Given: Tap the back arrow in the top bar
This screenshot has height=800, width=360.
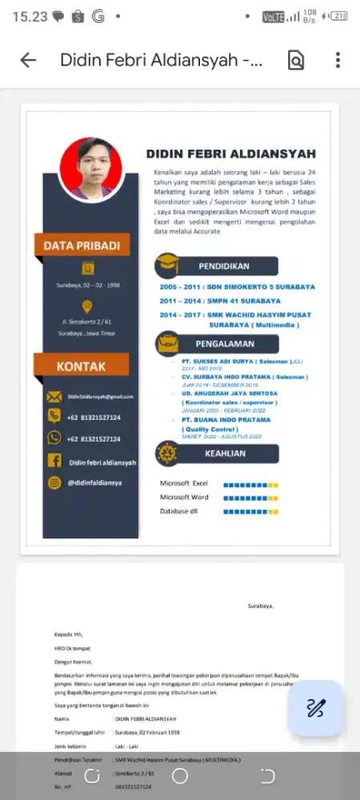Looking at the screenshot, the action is (x=28, y=60).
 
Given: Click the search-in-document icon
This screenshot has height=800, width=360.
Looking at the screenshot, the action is (x=296, y=60).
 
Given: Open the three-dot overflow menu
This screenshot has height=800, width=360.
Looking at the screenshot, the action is (x=338, y=60).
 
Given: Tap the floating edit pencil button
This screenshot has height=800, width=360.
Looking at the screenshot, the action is (x=316, y=708).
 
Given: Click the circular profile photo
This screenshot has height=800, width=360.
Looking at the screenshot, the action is (x=90, y=169).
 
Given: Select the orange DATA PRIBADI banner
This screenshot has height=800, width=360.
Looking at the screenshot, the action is (x=82, y=245).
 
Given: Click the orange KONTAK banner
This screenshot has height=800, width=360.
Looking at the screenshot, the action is (x=81, y=366).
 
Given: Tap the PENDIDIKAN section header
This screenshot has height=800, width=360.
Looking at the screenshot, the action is (x=224, y=266).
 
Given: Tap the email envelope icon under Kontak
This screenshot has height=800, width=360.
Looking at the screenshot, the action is (x=54, y=397).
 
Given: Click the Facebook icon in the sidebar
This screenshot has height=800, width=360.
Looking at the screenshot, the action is (x=54, y=461).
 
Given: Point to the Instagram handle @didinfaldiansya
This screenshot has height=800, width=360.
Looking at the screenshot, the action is (x=94, y=482).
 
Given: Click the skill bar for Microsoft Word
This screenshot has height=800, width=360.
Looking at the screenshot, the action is (x=250, y=498).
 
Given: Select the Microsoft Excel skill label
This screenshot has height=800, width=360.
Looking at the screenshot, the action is (x=184, y=484).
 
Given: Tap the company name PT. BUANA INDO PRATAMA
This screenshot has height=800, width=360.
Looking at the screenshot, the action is (x=225, y=419).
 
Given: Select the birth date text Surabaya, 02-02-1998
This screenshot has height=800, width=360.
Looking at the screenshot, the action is (x=87, y=286).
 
